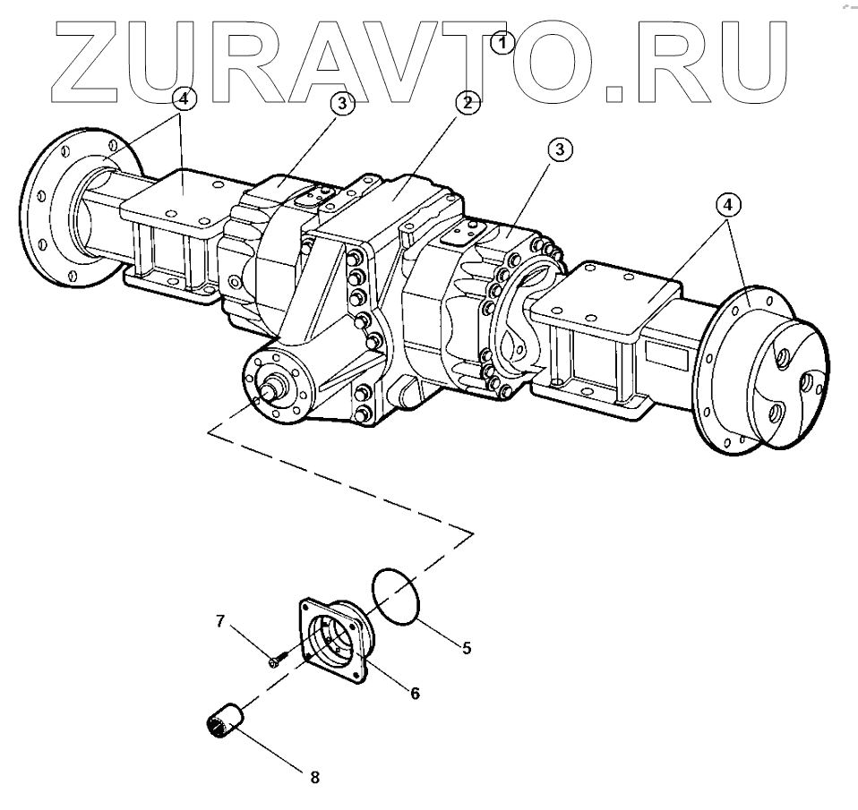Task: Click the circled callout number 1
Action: [502, 41]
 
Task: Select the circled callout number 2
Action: [466, 101]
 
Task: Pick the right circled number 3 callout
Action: [559, 150]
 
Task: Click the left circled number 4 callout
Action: [183, 98]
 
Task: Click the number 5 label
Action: [467, 646]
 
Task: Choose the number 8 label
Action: [314, 777]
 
